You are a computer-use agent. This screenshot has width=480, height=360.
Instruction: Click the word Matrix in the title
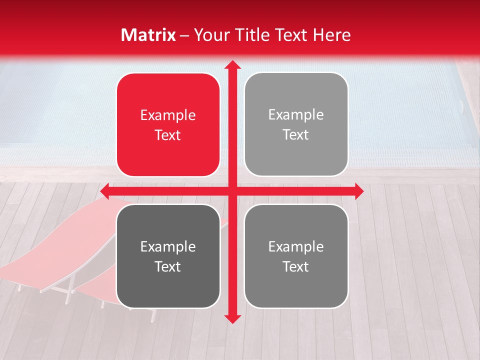[x=148, y=35]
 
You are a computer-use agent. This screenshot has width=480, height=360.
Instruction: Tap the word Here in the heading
[x=331, y=35]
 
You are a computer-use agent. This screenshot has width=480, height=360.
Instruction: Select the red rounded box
[x=168, y=125]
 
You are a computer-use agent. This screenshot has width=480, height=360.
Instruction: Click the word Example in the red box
[x=168, y=115]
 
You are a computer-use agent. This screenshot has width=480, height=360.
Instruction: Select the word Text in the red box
[x=168, y=135]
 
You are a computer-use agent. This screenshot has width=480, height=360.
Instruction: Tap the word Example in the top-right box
[x=296, y=115]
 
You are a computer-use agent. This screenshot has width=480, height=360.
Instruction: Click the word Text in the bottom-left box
[x=168, y=266]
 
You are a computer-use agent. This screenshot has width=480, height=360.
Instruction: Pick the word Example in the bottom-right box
[x=296, y=246]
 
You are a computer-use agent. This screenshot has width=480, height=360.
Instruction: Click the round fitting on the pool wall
[x=461, y=104]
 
